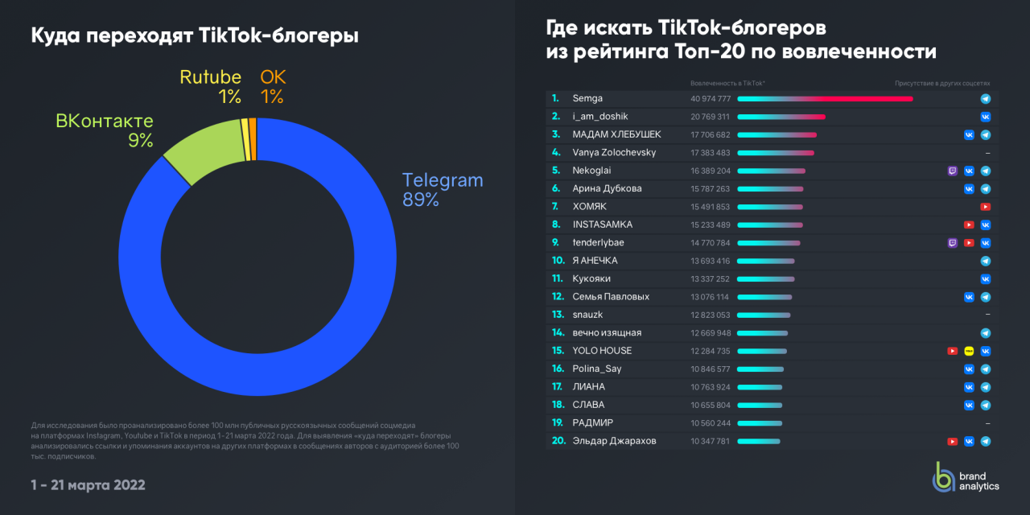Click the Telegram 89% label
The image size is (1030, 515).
click(442, 190)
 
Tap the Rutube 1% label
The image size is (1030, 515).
click(210, 87)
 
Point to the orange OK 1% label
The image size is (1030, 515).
click(273, 87)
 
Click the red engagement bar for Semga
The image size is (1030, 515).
click(825, 99)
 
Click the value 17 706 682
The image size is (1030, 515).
click(710, 135)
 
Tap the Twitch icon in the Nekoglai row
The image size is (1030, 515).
click(953, 171)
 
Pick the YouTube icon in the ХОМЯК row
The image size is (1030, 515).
click(985, 207)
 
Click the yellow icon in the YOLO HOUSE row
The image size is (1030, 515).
click(969, 351)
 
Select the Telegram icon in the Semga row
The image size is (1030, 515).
click(985, 99)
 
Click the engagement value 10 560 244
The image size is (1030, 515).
click(710, 423)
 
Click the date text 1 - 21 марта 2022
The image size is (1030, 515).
click(88, 485)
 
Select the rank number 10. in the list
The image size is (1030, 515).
click(558, 261)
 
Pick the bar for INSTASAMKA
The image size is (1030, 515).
click(770, 225)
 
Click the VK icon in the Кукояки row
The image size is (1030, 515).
click(985, 279)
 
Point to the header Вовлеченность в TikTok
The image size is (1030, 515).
click(727, 83)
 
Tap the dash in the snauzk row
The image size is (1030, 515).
click(987, 315)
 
